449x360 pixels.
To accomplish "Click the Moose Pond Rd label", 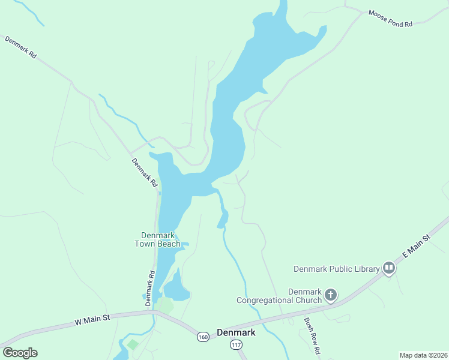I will [391, 19].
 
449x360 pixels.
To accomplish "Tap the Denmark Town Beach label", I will [160, 239].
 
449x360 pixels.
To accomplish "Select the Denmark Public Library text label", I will [336, 269].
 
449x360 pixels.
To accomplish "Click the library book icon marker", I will [389, 268].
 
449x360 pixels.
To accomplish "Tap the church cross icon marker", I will [330, 295].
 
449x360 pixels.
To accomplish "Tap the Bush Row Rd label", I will [312, 335].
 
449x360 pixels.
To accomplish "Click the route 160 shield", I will [203, 337].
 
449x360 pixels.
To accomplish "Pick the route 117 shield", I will [236, 345].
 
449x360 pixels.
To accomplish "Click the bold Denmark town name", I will [236, 332].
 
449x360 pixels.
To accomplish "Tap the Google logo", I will [20, 352].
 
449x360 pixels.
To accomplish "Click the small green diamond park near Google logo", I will [133, 344].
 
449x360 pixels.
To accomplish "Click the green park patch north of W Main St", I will [165, 305].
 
